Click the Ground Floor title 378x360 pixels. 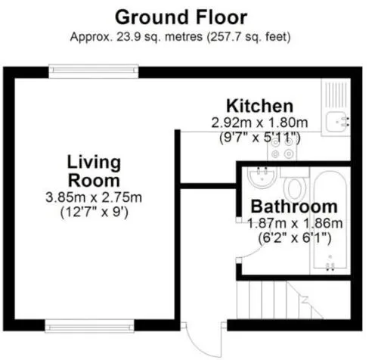click(x=181, y=17)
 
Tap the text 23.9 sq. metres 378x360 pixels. click(x=160, y=37)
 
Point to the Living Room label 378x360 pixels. click(x=94, y=172)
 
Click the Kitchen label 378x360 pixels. click(x=260, y=106)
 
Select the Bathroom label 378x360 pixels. click(x=294, y=206)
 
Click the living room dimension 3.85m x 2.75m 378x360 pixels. click(x=94, y=197)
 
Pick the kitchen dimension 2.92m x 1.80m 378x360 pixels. click(x=259, y=123)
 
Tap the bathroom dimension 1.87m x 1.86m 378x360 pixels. click(x=295, y=223)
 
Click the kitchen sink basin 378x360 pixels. click(x=336, y=122)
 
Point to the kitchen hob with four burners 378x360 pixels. click(x=282, y=149)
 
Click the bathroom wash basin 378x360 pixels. click(x=262, y=177)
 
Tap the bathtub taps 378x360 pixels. click(x=330, y=265)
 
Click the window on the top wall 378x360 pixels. click(x=94, y=71)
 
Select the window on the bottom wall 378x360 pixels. click(x=89, y=326)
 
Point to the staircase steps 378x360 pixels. click(x=280, y=299)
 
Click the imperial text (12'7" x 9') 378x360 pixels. click(x=94, y=213)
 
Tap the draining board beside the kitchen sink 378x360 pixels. click(x=336, y=95)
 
